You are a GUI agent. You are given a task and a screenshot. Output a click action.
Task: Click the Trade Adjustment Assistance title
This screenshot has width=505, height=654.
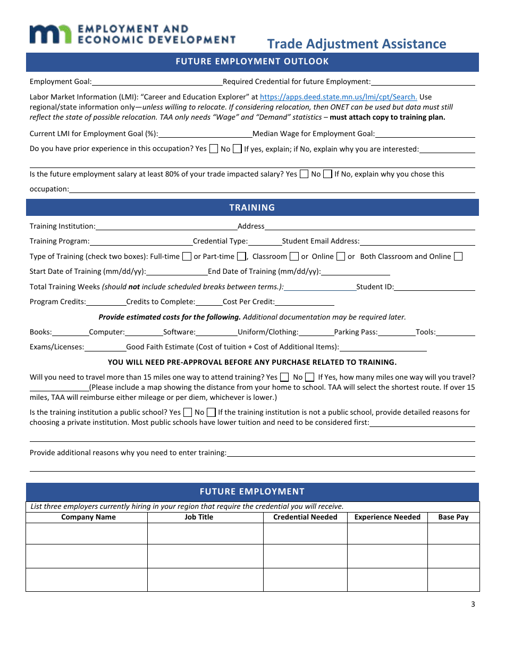[356, 44]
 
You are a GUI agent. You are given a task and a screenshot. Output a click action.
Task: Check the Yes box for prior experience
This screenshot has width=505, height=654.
[214, 149]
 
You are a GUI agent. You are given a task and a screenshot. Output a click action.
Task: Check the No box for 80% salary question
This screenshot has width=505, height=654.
[327, 174]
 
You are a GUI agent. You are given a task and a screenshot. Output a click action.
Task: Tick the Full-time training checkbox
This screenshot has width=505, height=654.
[187, 256]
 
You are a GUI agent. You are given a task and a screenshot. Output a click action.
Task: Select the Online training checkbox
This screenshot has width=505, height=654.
[341, 256]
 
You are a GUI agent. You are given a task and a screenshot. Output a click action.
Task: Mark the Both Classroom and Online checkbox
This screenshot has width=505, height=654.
[458, 256]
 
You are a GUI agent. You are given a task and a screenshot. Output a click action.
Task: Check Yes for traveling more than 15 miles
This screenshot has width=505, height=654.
[284, 377]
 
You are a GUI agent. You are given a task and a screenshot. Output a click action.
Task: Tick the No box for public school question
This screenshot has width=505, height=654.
[211, 412]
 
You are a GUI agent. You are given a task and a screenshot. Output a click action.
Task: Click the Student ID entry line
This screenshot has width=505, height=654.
[434, 287]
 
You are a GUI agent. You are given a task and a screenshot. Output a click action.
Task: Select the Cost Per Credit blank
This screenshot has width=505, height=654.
[305, 301]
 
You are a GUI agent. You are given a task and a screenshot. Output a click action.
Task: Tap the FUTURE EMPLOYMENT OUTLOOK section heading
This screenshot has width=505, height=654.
[252, 61]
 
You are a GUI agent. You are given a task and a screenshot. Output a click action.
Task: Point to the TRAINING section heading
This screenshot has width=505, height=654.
[252, 207]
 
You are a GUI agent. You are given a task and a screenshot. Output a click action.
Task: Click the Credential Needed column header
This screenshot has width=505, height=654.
[305, 517]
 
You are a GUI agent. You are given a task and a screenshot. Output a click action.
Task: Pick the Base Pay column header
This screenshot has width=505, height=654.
[453, 517]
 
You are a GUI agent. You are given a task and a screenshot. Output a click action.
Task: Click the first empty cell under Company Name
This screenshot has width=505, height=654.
[87, 533]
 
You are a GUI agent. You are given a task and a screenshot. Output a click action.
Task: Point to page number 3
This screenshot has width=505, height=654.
[473, 603]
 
